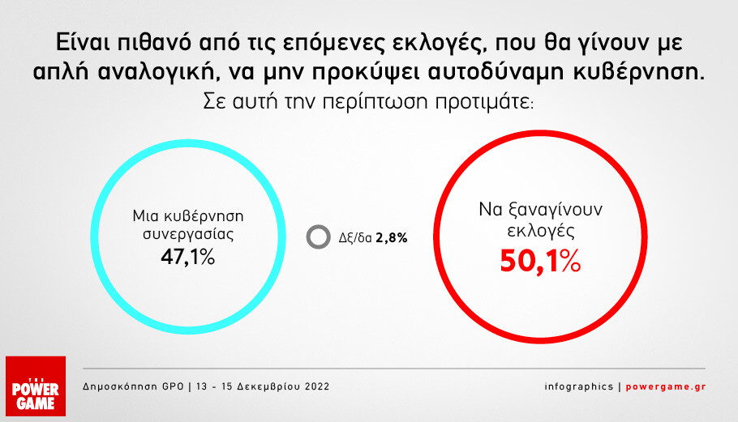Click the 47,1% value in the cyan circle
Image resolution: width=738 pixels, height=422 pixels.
point(188,257)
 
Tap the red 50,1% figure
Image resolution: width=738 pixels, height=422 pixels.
point(540,262)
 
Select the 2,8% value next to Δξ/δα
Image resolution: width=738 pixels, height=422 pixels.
point(392,238)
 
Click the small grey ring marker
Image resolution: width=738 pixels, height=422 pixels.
point(318,237)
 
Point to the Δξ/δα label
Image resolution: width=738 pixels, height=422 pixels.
point(355,238)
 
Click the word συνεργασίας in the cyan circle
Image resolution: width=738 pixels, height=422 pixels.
point(188,235)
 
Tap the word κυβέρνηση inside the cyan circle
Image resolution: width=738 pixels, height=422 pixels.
point(204,216)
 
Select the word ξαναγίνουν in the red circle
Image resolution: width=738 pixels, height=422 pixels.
point(555,210)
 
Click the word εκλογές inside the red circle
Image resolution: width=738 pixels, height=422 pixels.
point(541,231)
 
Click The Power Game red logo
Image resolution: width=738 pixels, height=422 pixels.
point(36,386)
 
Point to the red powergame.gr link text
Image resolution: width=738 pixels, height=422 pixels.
point(666,386)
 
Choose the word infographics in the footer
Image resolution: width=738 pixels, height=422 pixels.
point(579,386)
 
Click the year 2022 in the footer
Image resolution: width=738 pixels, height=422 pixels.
point(317,386)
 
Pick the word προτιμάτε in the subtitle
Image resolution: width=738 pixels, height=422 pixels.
point(484,102)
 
